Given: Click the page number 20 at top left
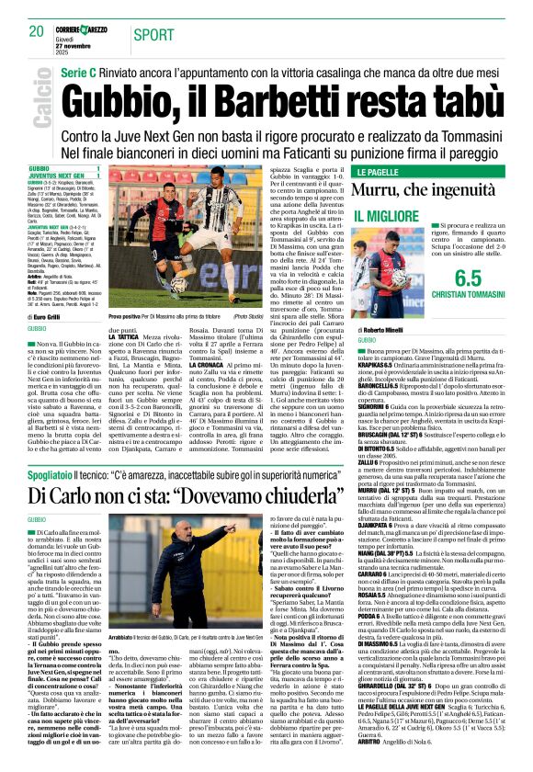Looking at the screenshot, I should [37, 32].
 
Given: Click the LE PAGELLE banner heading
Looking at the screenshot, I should [379, 172].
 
